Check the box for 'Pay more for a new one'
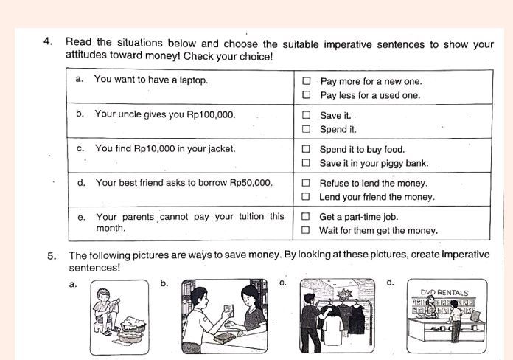(306, 81)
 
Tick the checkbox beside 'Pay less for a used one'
(306, 95)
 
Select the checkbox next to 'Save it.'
(306, 116)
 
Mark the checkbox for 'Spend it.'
(306, 130)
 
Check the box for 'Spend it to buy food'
(306, 150)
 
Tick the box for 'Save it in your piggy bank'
(306, 163)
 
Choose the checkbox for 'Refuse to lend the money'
(306, 183)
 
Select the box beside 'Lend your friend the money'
(306, 197)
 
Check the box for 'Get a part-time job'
(306, 217)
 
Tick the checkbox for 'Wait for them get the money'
(306, 230)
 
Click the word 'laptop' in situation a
(192, 80)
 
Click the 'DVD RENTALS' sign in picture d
(444, 293)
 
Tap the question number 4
(48, 42)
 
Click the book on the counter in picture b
(224, 337)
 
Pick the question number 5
(52, 256)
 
